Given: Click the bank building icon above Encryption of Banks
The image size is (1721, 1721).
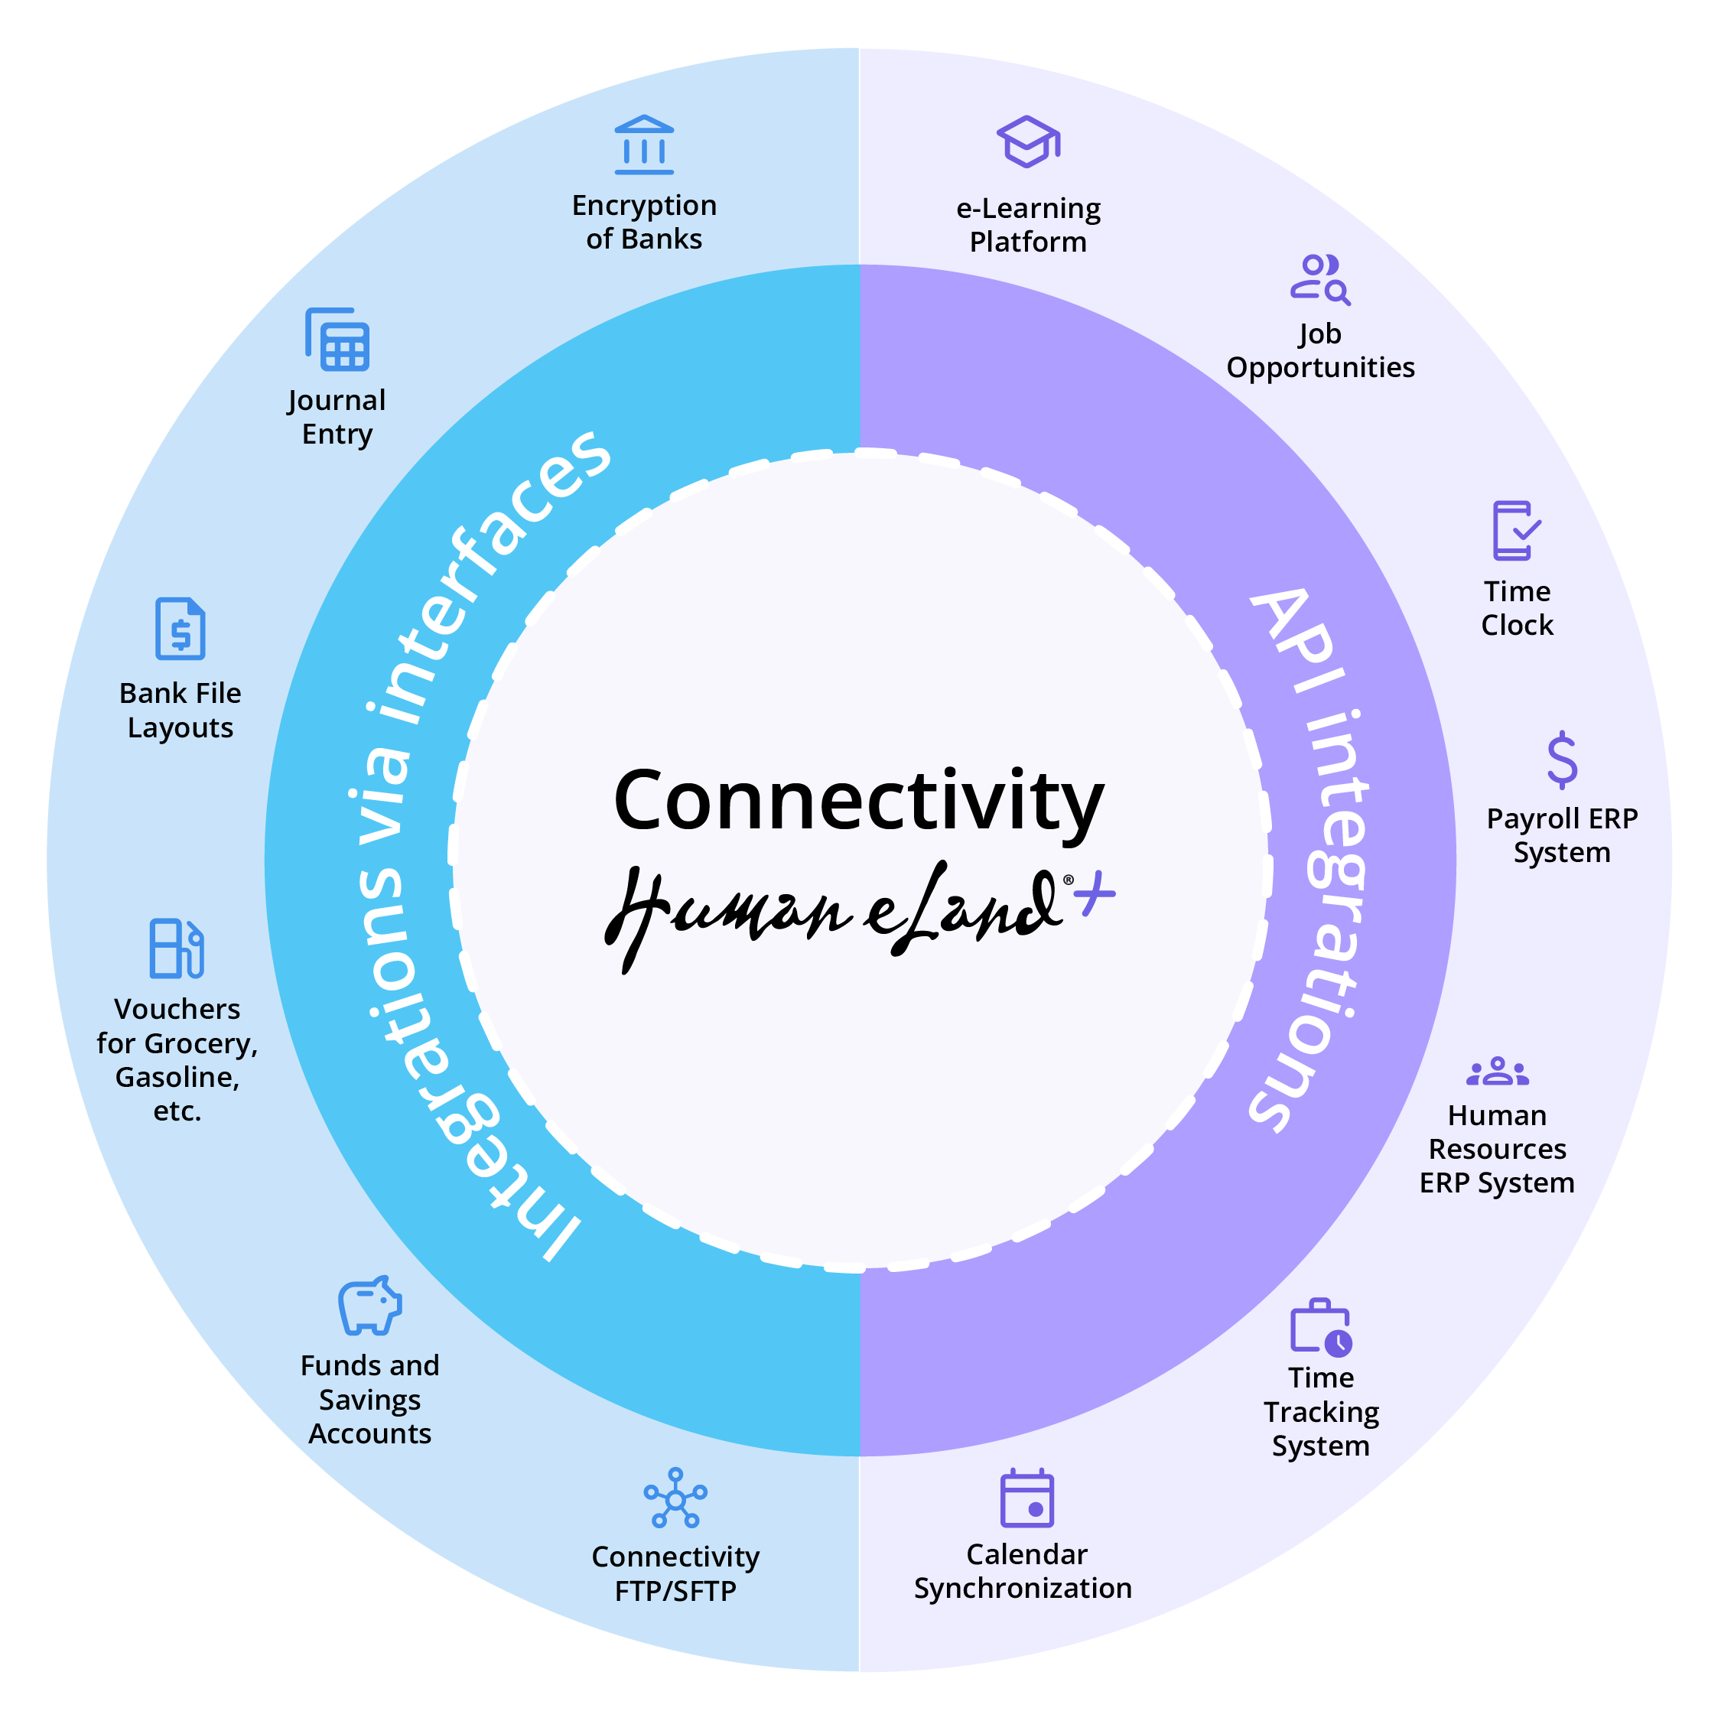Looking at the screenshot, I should coord(644,145).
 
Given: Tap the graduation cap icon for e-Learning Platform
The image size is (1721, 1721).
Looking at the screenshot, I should coord(1028,142).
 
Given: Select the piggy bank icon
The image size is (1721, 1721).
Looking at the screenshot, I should coord(369,1305).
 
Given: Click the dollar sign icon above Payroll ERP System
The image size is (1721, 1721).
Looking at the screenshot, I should coord(1562,760).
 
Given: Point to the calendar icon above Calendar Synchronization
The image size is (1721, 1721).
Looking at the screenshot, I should coord(1026,1499).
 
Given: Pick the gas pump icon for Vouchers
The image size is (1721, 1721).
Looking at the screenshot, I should coord(177,948).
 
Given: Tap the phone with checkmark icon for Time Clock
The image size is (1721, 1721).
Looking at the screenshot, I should coord(1516,531).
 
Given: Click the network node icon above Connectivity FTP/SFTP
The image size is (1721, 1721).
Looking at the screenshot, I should coord(675,1499).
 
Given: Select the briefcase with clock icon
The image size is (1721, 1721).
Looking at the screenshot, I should coord(1320,1328).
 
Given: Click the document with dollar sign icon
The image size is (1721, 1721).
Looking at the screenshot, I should coord(180,629).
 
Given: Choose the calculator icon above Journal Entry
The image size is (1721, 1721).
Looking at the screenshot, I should coord(337,340).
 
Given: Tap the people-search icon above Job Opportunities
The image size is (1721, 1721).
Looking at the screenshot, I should coord(1320,280).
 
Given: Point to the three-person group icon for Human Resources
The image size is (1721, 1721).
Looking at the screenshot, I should coord(1498,1072).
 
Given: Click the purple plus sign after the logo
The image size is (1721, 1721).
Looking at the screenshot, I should coord(1095,893).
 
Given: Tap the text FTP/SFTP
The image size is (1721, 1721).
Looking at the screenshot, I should coord(675,1591).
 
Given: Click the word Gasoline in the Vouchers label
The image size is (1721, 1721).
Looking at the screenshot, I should coord(177,1077).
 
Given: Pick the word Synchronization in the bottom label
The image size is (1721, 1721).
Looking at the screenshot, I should coord(1023,1588).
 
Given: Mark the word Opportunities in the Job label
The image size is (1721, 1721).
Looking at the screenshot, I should coord(1320,367).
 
